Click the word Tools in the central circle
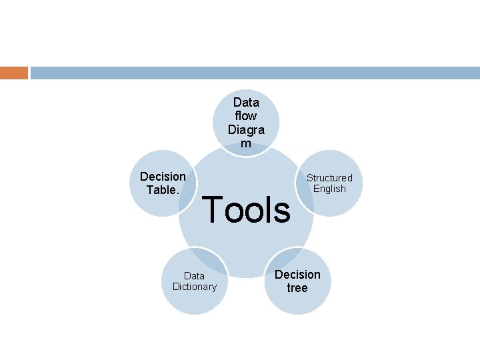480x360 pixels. tap(246, 210)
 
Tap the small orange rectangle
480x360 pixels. tap(14, 73)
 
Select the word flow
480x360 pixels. tap(246, 116)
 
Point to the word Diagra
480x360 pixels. tap(246, 129)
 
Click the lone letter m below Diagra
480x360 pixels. tap(246, 143)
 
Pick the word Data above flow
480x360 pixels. tap(246, 103)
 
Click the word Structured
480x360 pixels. tap(329, 177)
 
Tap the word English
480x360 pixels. tap(329, 189)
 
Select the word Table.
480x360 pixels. tap(163, 189)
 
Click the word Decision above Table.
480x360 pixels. tap(163, 177)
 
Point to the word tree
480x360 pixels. tap(297, 288)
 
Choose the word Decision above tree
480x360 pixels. tap(297, 275)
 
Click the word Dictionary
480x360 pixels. tap(194, 287)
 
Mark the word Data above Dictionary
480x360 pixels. tap(194, 275)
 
